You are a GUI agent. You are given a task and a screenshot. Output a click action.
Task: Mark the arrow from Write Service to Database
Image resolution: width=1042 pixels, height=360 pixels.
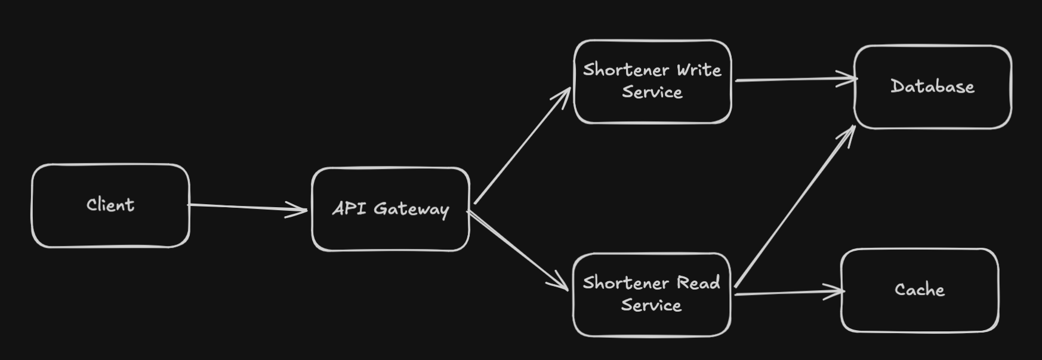click(x=794, y=79)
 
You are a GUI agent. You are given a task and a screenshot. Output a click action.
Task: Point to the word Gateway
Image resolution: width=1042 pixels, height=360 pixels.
click(x=411, y=209)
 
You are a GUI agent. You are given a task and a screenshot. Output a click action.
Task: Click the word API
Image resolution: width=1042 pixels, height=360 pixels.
click(x=349, y=208)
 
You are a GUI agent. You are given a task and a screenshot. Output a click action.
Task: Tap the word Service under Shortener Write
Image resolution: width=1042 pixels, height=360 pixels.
click(x=652, y=92)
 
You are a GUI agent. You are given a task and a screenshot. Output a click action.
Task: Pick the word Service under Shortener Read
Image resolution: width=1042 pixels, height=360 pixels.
click(x=651, y=305)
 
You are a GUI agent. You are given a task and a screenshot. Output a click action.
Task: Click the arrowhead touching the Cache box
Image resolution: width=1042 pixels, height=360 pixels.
click(x=836, y=291)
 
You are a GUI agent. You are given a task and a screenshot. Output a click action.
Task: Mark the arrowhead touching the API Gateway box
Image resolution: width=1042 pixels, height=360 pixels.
click(x=298, y=210)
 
